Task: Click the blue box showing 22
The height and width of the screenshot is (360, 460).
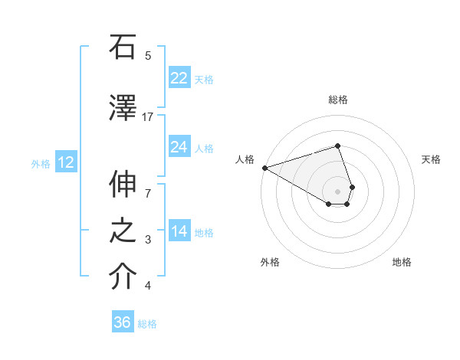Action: point(179,77)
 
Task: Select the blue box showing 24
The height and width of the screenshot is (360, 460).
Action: point(179,147)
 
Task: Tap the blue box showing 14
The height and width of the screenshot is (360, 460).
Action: point(179,231)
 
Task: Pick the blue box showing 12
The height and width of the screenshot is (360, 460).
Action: point(65,162)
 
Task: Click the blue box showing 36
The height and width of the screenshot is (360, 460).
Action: point(123,322)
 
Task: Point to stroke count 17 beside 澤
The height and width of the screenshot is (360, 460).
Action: point(148,117)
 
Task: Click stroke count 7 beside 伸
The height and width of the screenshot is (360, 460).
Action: point(148,184)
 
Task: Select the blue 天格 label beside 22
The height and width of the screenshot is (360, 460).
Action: point(203,79)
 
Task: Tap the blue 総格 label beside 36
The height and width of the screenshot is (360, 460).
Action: point(147,324)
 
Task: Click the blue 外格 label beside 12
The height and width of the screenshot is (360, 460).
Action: point(40,164)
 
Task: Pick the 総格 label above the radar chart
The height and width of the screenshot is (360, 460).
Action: point(337,100)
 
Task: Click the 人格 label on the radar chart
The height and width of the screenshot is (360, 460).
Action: point(245,159)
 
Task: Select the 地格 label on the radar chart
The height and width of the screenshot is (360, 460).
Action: point(402,262)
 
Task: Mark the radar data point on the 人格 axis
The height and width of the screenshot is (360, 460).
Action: point(264,168)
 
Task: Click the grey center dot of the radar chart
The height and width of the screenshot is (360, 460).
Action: point(337,191)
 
